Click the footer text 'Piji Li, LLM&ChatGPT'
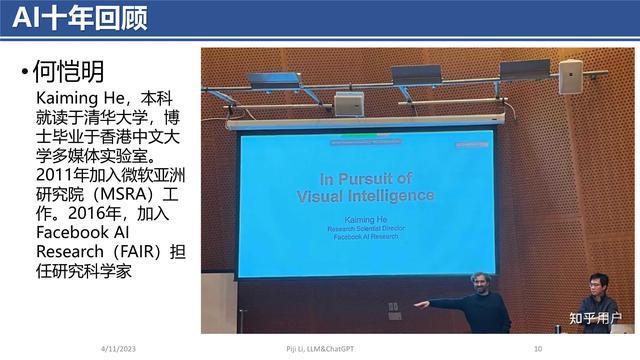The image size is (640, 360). click(320, 348)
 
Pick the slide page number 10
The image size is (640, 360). click(537, 348)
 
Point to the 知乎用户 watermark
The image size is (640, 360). click(595, 320)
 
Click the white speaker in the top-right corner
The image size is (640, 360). click(570, 76)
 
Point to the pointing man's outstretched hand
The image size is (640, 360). click(421, 303)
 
